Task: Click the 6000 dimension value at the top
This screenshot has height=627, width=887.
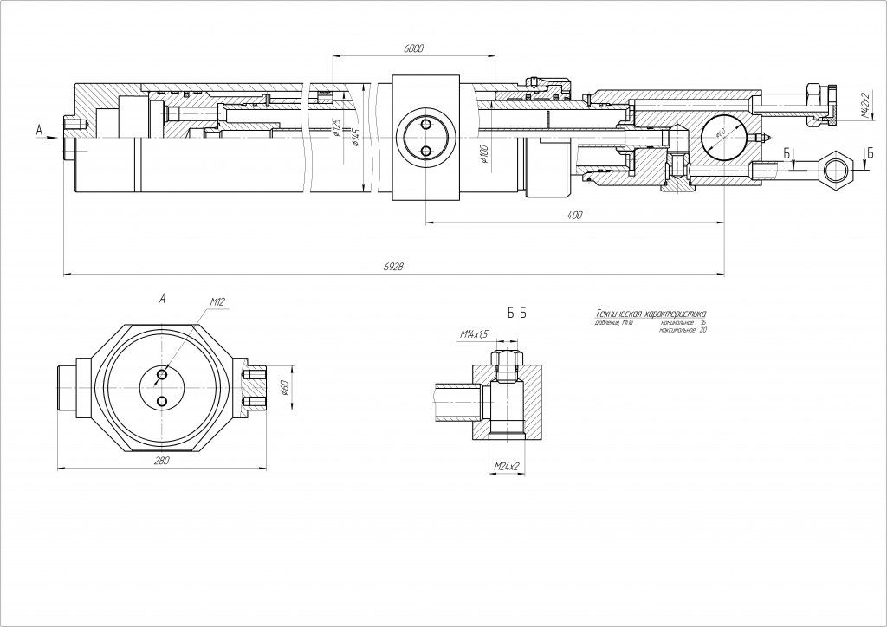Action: pos(413,49)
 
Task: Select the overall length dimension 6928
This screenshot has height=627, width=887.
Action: pos(392,269)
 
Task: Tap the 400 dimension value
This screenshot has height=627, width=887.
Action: pos(574,215)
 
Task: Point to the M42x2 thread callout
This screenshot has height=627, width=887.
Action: pos(864,103)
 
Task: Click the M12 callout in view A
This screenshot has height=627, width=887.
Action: pos(217,302)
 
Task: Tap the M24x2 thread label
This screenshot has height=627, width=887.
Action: pos(506,468)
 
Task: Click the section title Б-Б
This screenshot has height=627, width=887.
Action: pos(516,313)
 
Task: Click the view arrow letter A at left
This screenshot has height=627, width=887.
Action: pos(39,130)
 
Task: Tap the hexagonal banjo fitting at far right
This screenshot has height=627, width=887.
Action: pos(838,165)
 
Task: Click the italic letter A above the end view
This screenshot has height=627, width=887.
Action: pos(162,298)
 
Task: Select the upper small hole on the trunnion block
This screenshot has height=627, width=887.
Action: pos(424,124)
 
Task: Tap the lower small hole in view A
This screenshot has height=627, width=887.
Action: pos(163,402)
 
